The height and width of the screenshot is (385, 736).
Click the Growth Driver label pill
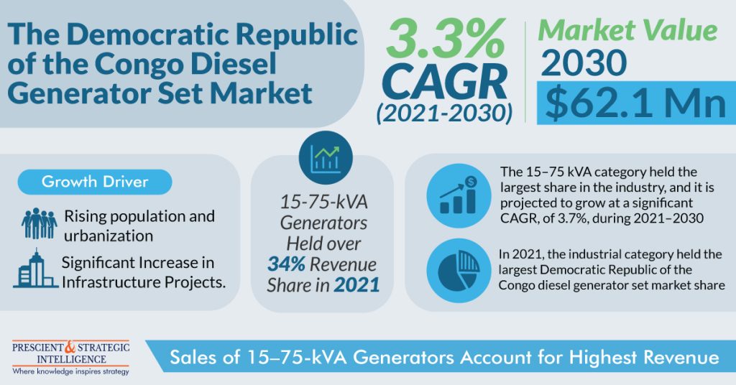pos(95,181)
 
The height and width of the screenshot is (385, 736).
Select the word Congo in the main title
pos(126,64)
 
